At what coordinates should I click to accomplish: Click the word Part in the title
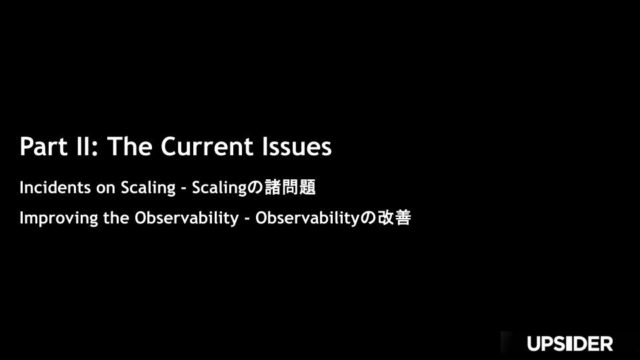(44, 147)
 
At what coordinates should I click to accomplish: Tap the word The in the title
(130, 146)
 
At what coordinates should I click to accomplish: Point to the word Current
(207, 147)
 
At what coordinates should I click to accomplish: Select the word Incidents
(55, 188)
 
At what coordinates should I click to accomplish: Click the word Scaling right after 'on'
(148, 188)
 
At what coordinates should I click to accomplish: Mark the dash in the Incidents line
(184, 189)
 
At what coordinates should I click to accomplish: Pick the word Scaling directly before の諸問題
(219, 188)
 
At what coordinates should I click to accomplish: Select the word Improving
(59, 219)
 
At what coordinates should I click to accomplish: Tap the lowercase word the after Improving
(116, 218)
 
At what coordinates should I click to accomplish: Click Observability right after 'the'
(187, 219)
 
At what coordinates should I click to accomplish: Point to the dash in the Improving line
(247, 219)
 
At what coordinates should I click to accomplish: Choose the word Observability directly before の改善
(307, 219)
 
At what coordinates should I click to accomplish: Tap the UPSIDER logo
(570, 344)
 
